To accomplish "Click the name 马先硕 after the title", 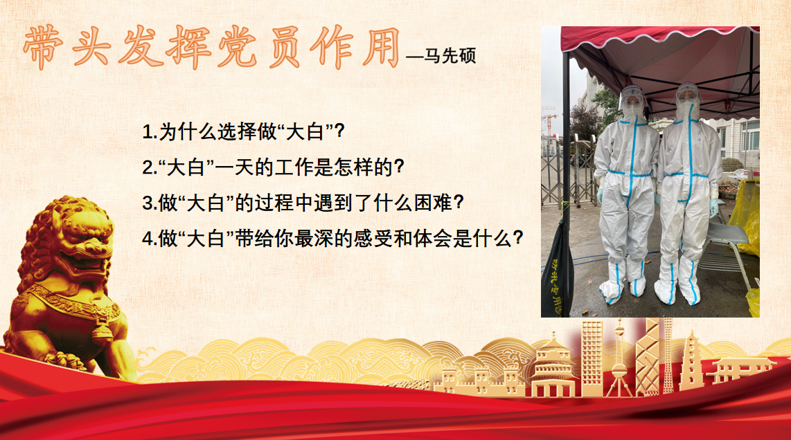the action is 450,55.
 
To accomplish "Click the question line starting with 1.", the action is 243,131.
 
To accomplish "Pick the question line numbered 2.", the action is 273,167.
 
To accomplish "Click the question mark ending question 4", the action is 517,238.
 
